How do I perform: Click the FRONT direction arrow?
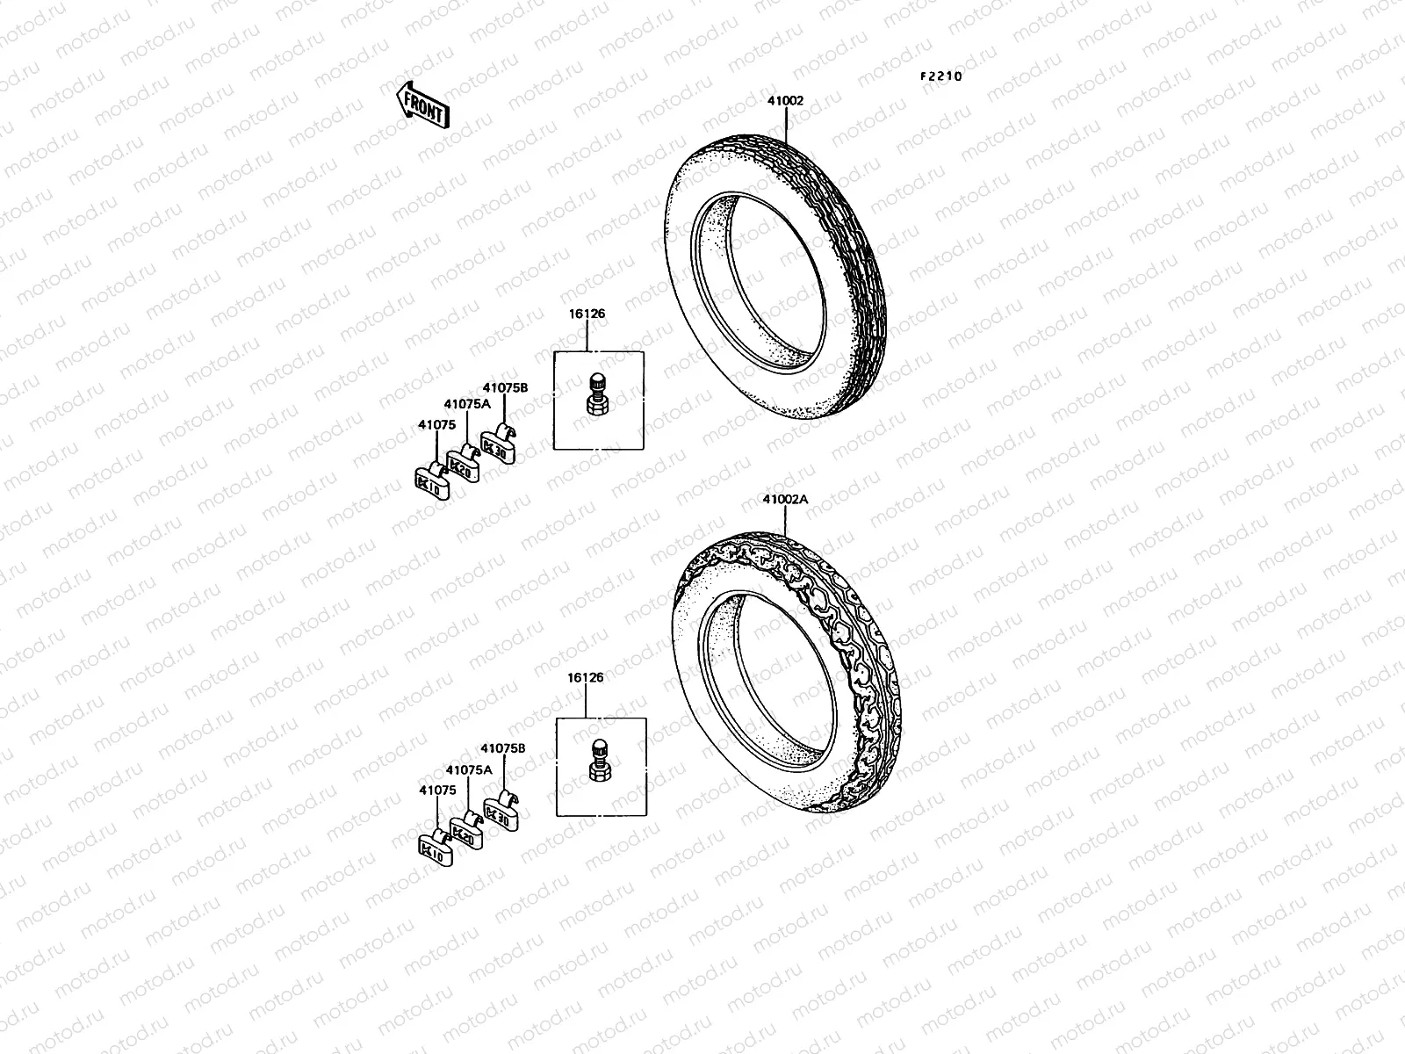pyautogui.click(x=423, y=105)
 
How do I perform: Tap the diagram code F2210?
pyautogui.click(x=941, y=76)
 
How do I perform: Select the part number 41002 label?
pyautogui.click(x=785, y=101)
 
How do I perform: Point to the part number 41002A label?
pyautogui.click(x=785, y=500)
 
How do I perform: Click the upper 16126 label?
pyautogui.click(x=587, y=314)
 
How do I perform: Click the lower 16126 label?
pyautogui.click(x=587, y=677)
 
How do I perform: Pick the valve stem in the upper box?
pyautogui.click(x=598, y=393)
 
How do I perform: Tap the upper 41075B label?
pyautogui.click(x=504, y=386)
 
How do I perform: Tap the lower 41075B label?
pyautogui.click(x=502, y=748)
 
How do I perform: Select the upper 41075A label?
pyautogui.click(x=466, y=404)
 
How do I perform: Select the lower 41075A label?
pyautogui.click(x=468, y=769)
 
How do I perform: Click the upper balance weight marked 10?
pyautogui.click(x=431, y=480)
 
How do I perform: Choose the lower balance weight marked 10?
pyautogui.click(x=434, y=847)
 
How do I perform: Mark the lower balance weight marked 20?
pyautogui.click(x=465, y=830)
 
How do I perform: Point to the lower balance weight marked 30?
pyautogui.click(x=499, y=813)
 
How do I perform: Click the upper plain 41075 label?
pyautogui.click(x=436, y=425)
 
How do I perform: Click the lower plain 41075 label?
pyautogui.click(x=437, y=790)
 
